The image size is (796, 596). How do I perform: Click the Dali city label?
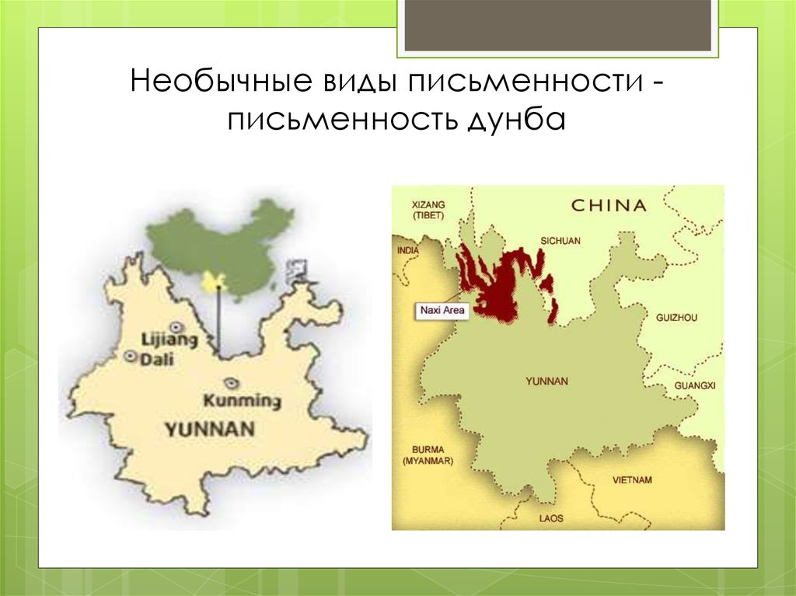(x=157, y=359)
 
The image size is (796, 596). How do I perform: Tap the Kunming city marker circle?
(x=229, y=383)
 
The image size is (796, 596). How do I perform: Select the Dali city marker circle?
(x=131, y=357)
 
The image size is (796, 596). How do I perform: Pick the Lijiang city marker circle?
(x=177, y=327)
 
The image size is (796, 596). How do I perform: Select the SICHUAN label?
(x=559, y=242)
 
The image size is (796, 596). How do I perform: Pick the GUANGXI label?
(x=694, y=385)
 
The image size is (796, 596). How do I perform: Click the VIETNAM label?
(x=632, y=480)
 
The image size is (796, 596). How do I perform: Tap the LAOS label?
(x=550, y=518)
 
